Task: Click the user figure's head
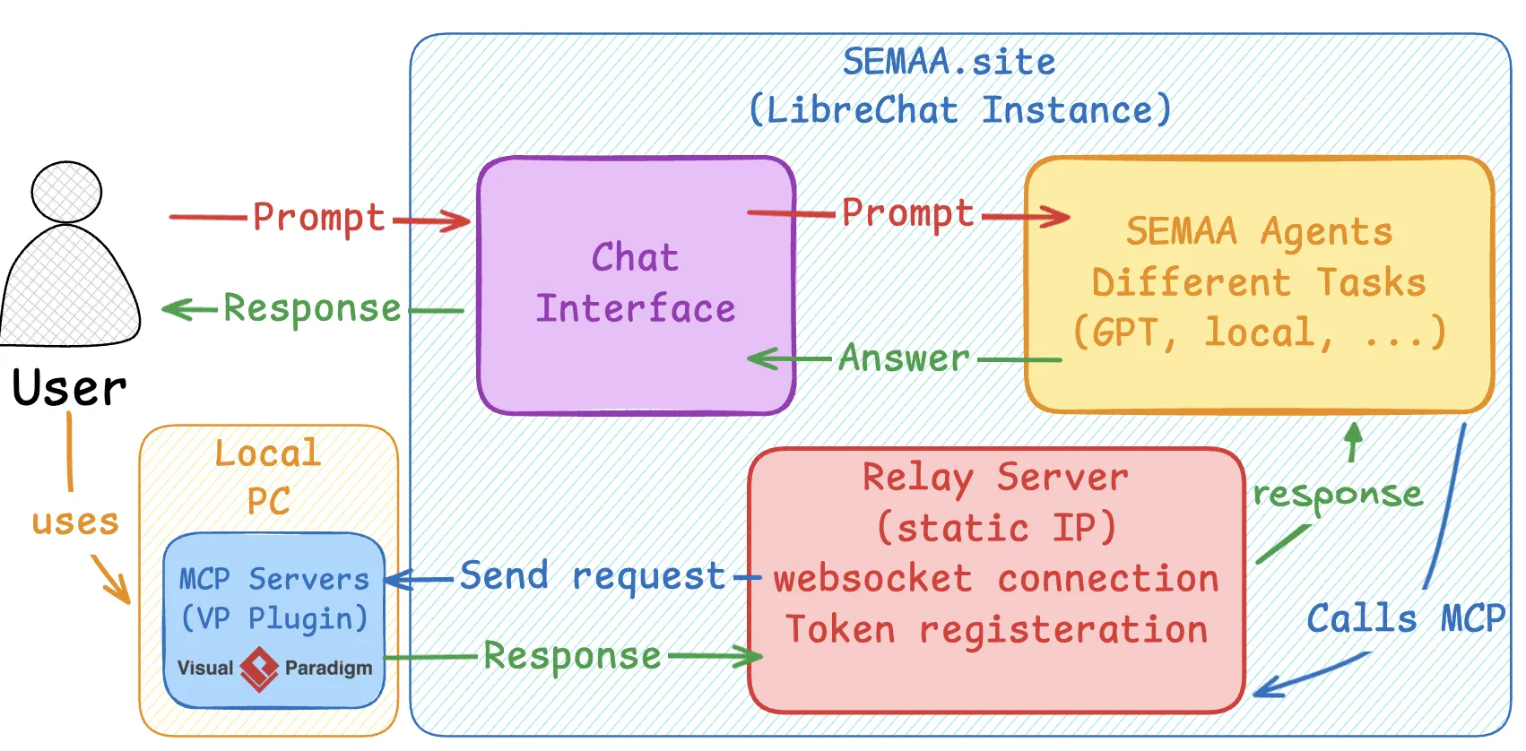coord(66,192)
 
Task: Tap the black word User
coord(69,388)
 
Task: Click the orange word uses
coord(75,522)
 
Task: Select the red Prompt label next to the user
coord(318,218)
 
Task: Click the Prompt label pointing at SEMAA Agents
coord(907,213)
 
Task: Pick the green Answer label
coord(904,358)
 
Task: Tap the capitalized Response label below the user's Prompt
coord(311,308)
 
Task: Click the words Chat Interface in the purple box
coord(635,283)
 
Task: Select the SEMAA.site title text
coord(949,62)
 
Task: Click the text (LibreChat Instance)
coord(959,110)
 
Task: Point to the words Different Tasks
coord(1258,283)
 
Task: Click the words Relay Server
coord(995,478)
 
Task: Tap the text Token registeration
coord(996,630)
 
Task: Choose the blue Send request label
coord(592,576)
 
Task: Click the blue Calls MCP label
coord(1405,618)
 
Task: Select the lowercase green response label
coord(1337,494)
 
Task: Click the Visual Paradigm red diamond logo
coord(259,669)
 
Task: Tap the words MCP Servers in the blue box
coord(273,579)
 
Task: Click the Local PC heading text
coord(268,477)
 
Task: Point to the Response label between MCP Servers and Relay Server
coord(572,656)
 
